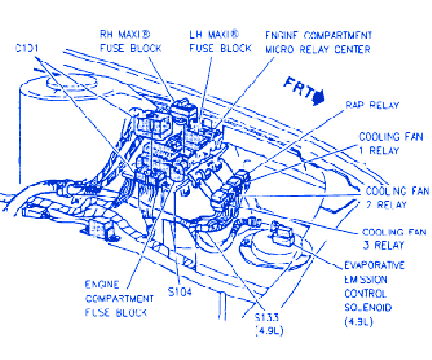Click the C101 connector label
click(x=27, y=49)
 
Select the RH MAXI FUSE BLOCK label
click(x=131, y=41)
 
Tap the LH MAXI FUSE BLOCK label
click(x=221, y=41)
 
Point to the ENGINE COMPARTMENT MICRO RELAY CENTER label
click(x=318, y=42)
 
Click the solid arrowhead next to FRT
click(x=319, y=97)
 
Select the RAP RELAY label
click(x=372, y=106)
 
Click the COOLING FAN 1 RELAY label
click(x=392, y=143)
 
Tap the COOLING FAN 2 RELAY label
click(x=397, y=198)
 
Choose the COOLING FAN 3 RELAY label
click(x=394, y=239)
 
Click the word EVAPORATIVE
click(x=374, y=265)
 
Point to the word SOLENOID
click(x=368, y=308)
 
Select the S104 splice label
click(x=180, y=292)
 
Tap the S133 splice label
click(x=267, y=318)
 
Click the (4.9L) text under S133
click(x=269, y=331)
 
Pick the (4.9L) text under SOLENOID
click(x=358, y=322)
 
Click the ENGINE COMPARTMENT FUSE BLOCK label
click(x=119, y=298)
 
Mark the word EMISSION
click(x=366, y=279)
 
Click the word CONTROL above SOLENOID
click(x=366, y=294)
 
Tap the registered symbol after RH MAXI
click(x=145, y=35)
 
